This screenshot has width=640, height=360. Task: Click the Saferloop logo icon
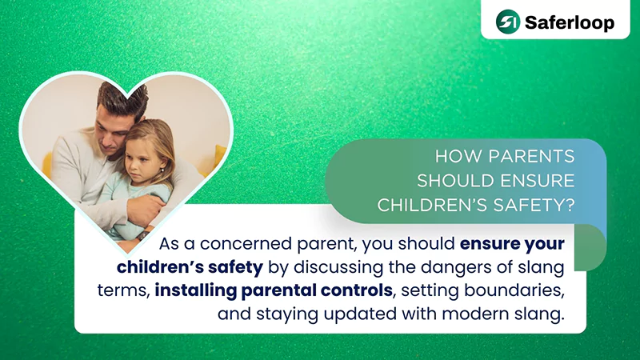point(507,21)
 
